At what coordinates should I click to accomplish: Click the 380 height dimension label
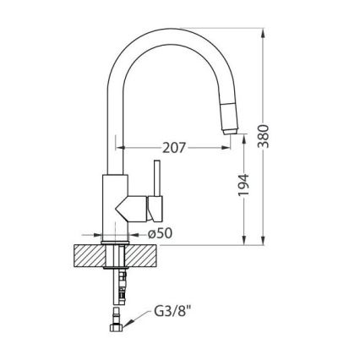coord(264,136)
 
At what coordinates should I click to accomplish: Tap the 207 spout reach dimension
coord(174,148)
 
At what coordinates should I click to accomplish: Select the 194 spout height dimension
coord(243,185)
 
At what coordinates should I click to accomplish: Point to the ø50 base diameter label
coord(161,233)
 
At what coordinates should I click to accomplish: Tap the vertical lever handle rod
coord(157,178)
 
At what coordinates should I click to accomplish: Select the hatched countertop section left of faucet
coord(89,256)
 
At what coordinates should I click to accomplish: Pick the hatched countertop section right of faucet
coord(142,256)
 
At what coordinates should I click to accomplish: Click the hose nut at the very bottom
coord(116,328)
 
